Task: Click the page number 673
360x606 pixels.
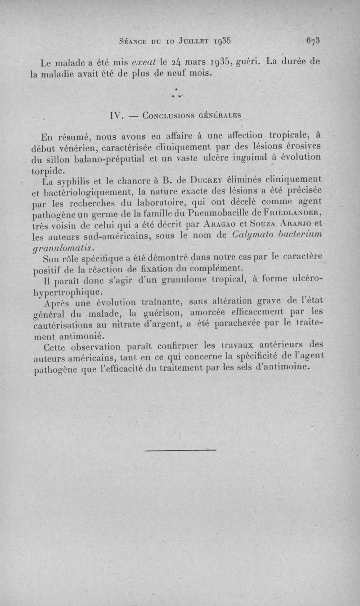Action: click(313, 40)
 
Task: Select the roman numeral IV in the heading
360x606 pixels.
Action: click(117, 115)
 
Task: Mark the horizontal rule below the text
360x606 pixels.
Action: click(181, 449)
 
